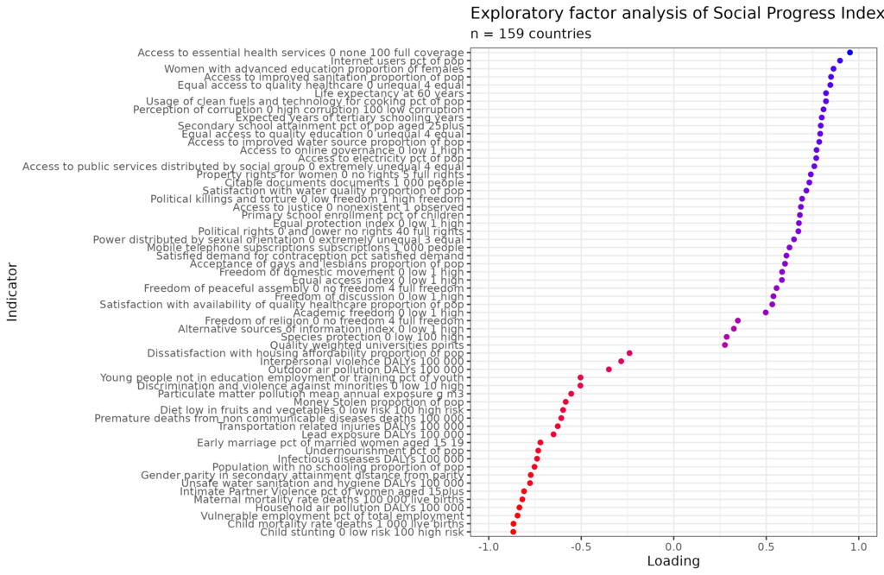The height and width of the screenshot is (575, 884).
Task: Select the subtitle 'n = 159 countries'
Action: point(530,34)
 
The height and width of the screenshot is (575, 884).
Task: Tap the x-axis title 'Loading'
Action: point(673,561)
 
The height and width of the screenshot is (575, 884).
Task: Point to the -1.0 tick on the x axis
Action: point(489,545)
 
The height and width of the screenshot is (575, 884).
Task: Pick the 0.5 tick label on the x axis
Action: point(766,545)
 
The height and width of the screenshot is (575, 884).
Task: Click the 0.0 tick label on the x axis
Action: point(673,545)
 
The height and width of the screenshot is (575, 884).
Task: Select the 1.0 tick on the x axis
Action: point(858,545)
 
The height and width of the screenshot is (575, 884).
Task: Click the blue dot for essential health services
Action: point(849,53)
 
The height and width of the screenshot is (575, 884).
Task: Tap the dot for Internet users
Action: point(839,61)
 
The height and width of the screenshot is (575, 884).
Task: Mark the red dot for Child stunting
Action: point(513,532)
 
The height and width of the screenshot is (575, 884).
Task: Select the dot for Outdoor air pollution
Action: point(609,370)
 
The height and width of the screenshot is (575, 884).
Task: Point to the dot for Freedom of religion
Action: point(737,320)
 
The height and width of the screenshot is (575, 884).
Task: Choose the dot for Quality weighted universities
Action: point(724,345)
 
